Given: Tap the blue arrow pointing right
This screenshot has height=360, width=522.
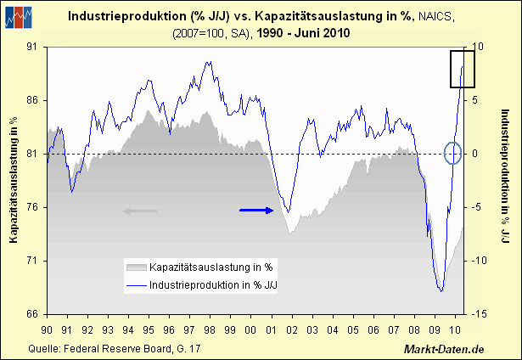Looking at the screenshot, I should click(x=256, y=210).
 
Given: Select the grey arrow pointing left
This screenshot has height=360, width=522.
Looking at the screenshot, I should click(x=140, y=211).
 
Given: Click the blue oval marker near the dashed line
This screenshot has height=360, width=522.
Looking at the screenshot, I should click(x=453, y=153).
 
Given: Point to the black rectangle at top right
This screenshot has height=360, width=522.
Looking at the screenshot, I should click(x=462, y=69).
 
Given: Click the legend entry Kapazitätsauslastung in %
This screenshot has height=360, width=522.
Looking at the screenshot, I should click(x=204, y=268).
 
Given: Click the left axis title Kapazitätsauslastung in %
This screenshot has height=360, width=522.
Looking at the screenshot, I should click(x=14, y=180).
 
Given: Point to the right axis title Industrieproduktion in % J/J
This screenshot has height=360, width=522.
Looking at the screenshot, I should click(x=504, y=180).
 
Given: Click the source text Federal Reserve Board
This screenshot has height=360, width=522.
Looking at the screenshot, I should click(x=106, y=348).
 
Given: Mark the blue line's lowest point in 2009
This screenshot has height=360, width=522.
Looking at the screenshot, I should click(x=441, y=291).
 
